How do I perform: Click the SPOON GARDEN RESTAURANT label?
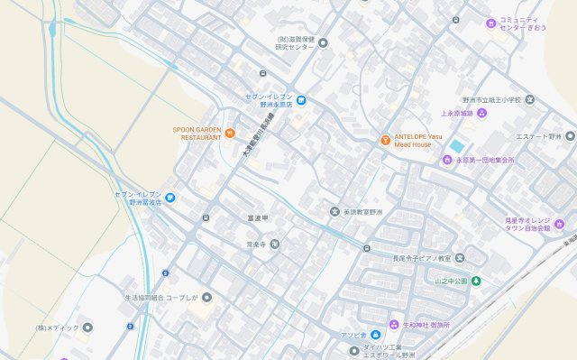pos(197,133)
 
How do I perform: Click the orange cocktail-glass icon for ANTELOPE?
pos(385,140)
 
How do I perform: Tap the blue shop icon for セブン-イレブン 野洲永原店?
pos(302,99)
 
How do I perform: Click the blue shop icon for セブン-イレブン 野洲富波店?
pos(169,198)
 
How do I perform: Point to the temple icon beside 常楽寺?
pos(275,244)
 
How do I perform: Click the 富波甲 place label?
pos(259,217)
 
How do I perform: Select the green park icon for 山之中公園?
pos(476,282)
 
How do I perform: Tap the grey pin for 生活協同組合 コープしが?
pos(206,297)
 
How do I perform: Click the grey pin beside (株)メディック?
pos(87,328)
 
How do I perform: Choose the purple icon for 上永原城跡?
pos(481,113)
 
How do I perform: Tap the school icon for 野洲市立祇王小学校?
pos(530,99)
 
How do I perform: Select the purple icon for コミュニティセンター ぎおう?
pos(490,23)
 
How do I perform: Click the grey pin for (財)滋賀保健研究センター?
pos(323,42)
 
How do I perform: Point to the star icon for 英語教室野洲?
pos(334,211)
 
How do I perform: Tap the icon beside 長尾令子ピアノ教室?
pos(460,258)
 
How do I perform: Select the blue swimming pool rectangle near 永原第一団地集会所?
pos(457,146)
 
